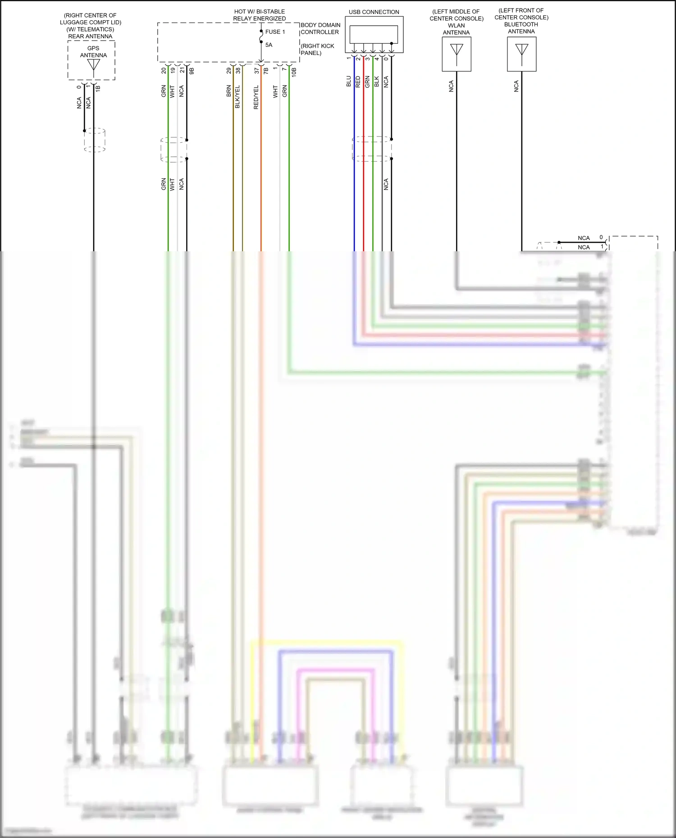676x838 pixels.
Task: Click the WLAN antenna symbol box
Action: click(x=457, y=54)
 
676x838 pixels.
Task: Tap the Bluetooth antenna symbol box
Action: click(x=521, y=54)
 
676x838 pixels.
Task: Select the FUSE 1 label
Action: click(x=275, y=32)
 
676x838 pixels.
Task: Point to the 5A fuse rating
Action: click(x=269, y=45)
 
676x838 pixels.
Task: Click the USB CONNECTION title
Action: click(x=374, y=12)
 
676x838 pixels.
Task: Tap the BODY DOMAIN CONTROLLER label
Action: click(x=320, y=28)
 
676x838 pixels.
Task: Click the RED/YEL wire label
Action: click(x=256, y=97)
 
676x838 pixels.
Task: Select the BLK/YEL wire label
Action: click(x=238, y=97)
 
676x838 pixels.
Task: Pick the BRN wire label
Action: click(x=228, y=91)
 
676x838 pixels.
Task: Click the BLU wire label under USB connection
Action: click(x=348, y=82)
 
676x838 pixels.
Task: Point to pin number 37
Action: click(x=257, y=71)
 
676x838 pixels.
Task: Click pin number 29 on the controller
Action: click(x=229, y=71)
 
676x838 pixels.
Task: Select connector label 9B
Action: click(x=192, y=71)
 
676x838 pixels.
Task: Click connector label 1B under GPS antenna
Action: click(x=98, y=88)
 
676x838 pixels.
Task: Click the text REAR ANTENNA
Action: click(x=90, y=36)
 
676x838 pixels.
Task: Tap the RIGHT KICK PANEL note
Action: click(x=317, y=50)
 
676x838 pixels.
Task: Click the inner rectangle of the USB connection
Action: click(x=374, y=34)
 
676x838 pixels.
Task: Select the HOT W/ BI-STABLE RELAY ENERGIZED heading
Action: click(x=259, y=15)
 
